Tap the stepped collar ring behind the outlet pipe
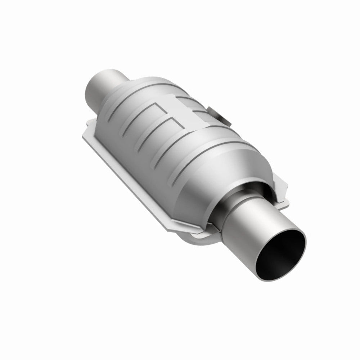230,202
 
